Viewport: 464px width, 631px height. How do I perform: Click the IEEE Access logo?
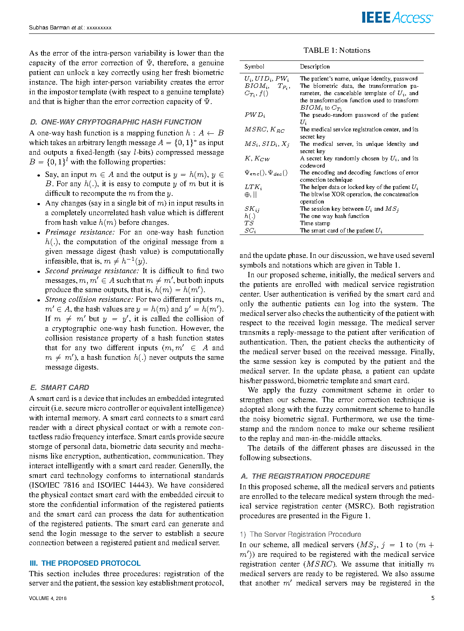397,18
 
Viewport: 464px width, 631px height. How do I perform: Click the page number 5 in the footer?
433,598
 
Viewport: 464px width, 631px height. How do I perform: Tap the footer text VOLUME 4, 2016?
48,598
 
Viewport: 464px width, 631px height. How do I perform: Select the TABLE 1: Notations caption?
337,50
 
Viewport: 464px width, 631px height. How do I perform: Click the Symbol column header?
254,66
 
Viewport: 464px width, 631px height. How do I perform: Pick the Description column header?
315,66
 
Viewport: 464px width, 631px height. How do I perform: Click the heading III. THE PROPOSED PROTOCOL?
85,563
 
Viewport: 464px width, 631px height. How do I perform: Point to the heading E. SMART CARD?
60,388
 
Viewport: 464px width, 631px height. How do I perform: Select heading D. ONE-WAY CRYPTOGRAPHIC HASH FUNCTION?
116,122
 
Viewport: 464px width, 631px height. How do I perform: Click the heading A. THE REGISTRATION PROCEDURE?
305,476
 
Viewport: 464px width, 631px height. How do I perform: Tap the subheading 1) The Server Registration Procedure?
300,534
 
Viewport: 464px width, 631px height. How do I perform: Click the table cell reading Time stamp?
315,223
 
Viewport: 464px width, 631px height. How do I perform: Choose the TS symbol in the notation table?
249,223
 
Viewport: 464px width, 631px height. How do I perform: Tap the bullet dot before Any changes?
39,204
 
